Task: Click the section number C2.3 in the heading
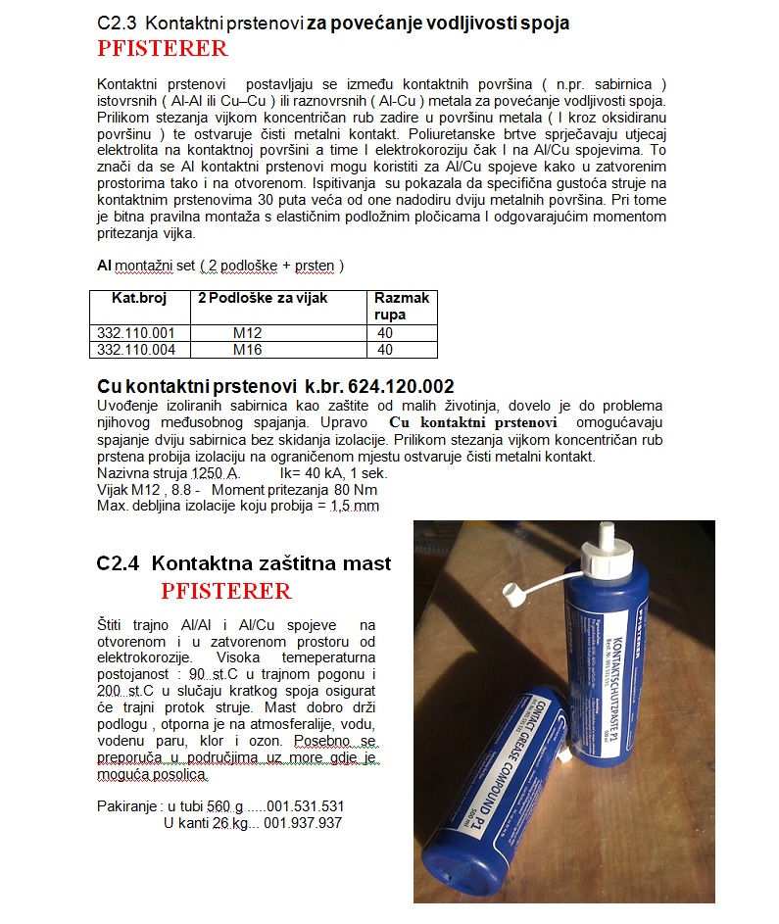click(x=121, y=22)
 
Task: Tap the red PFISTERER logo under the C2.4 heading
click(x=226, y=591)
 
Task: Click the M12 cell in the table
click(x=247, y=333)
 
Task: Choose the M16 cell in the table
click(x=247, y=349)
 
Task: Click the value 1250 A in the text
click(x=215, y=472)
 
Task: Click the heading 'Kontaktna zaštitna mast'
click(x=271, y=563)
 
